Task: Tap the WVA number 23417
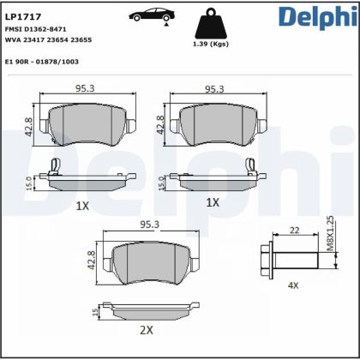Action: coord(40,39)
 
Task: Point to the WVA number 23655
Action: coord(81,39)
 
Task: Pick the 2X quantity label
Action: coord(147,329)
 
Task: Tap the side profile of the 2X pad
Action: coord(150,308)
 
